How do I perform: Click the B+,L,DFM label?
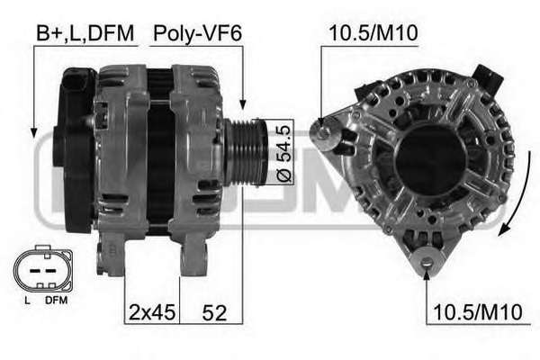(85, 34)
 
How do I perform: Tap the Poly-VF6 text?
(197, 34)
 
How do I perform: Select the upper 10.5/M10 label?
(373, 33)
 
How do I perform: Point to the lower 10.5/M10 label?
(478, 312)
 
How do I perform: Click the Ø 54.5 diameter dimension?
(284, 153)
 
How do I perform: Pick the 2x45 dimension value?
(152, 312)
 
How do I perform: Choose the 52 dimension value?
(214, 312)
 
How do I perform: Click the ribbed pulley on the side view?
(246, 153)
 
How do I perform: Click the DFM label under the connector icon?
(56, 300)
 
